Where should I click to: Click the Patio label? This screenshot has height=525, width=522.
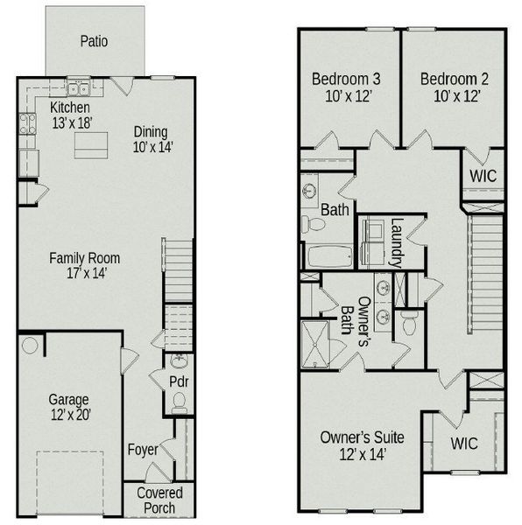94,41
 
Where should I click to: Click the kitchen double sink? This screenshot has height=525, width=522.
76,88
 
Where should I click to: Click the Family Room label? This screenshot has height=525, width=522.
84,265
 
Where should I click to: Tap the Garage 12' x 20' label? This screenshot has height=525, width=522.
69,408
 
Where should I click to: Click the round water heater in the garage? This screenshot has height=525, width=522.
30,346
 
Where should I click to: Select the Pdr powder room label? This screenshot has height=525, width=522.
179,382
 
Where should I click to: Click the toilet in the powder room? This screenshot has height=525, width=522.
179,402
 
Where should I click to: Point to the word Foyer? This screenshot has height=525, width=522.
142,450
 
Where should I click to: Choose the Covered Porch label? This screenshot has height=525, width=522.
159,500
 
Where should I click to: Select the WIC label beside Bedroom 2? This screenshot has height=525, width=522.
483,175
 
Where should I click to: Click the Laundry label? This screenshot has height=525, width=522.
397,241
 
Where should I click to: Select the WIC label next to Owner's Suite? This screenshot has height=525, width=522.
464,444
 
